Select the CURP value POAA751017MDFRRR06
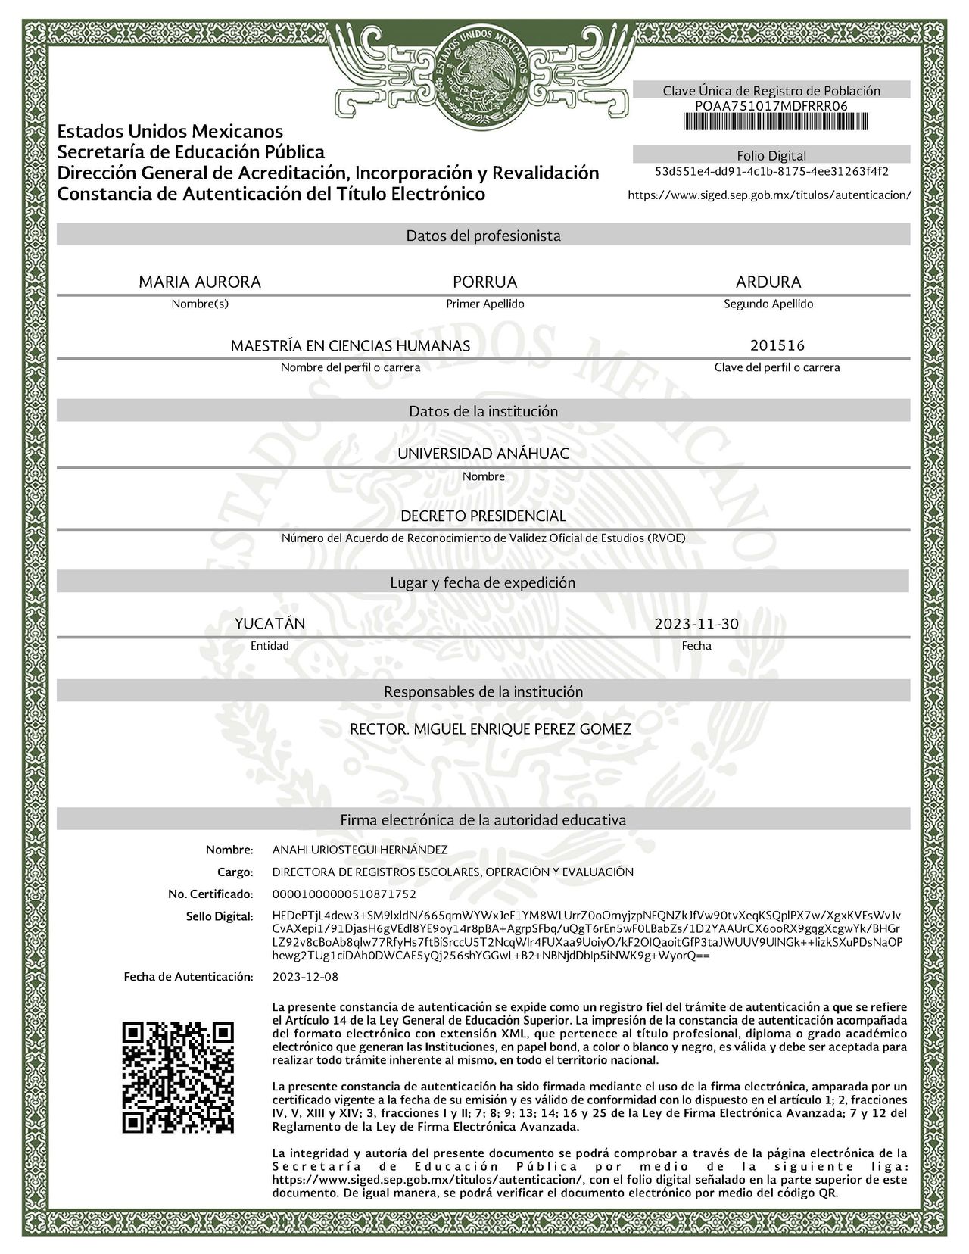(771, 106)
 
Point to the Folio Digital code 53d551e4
(771, 171)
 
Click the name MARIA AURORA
(200, 282)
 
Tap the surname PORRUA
(484, 282)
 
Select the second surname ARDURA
(768, 282)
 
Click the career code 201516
(777, 345)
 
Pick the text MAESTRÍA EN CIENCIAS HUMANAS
(351, 346)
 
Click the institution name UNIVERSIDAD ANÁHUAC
(484, 454)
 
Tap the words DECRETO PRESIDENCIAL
(483, 516)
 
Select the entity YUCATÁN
(270, 624)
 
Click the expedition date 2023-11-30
(696, 625)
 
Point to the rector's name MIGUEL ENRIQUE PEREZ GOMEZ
(523, 729)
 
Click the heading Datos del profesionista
(484, 236)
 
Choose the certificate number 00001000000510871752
(344, 894)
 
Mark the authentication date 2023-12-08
(305, 977)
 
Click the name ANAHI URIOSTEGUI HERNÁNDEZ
(360, 850)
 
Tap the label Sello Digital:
(220, 917)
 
